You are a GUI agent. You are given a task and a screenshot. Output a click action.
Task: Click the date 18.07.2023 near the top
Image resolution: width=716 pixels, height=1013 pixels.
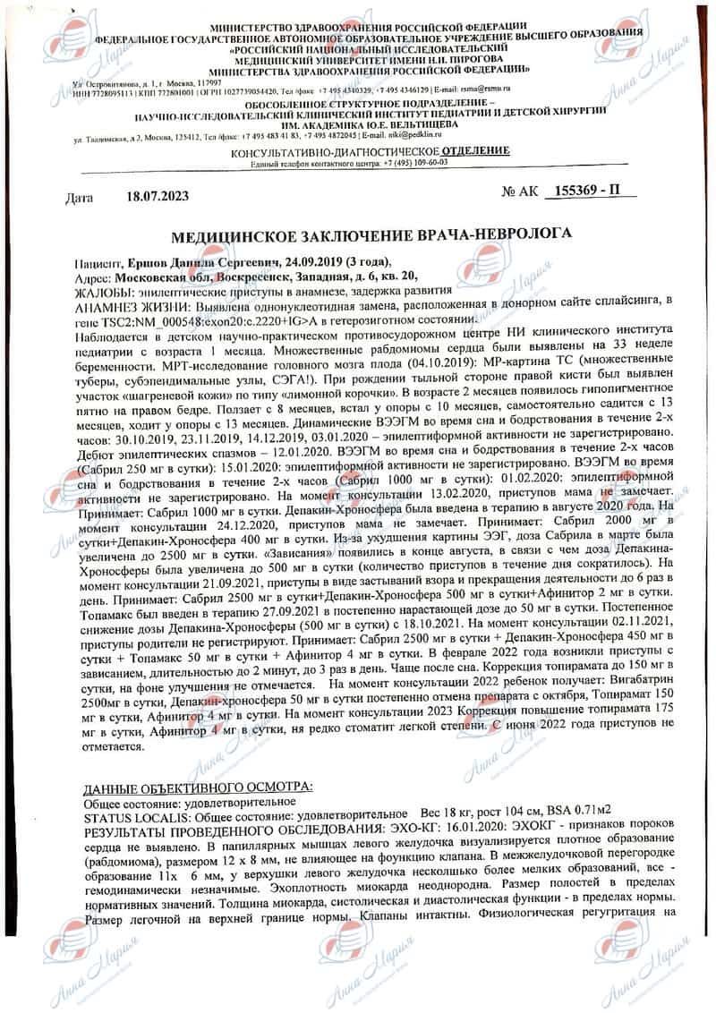pyautogui.click(x=158, y=195)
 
